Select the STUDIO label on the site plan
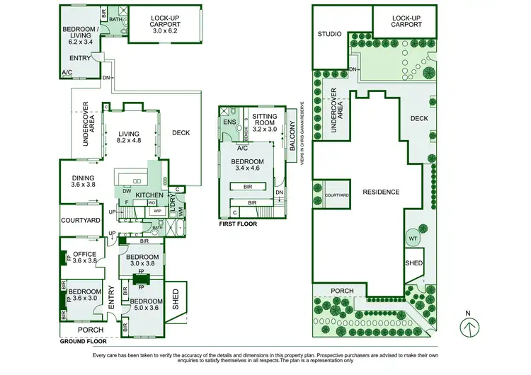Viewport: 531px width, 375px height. (x=329, y=34)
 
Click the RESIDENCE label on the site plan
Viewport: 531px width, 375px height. (x=381, y=192)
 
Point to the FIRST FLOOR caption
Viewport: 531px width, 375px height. (x=238, y=224)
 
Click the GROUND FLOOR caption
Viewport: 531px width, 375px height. (x=78, y=340)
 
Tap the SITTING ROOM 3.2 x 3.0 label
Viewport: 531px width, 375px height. (x=265, y=123)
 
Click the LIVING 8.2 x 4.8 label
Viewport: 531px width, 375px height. (x=128, y=137)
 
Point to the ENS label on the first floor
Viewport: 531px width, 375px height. (x=229, y=122)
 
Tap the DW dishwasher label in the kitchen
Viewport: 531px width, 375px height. (x=126, y=191)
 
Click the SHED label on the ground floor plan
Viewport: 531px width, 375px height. (x=175, y=298)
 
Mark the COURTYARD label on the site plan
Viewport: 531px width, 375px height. (x=337, y=195)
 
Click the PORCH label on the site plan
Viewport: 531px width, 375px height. (x=343, y=291)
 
